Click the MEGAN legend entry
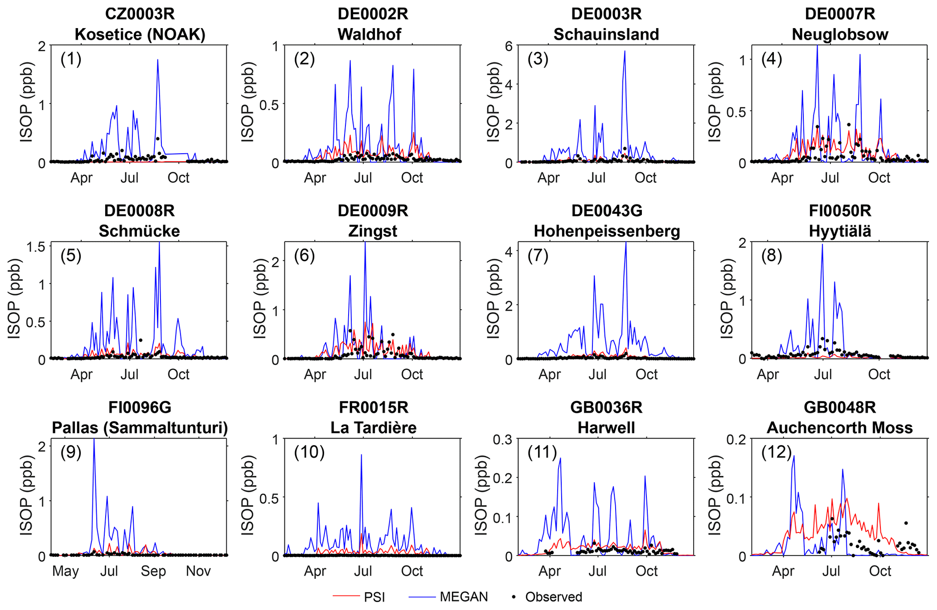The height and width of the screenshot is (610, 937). pyautogui.click(x=463, y=597)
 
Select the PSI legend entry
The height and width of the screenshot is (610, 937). pyautogui.click(x=374, y=597)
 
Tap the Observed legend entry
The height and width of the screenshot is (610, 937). pyautogui.click(x=553, y=597)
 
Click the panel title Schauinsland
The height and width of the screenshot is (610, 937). pyautogui.click(x=606, y=34)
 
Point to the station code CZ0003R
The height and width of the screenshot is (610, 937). pyautogui.click(x=140, y=14)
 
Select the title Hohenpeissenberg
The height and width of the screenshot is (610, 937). pyautogui.click(x=607, y=231)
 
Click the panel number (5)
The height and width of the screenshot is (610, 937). pyautogui.click(x=71, y=256)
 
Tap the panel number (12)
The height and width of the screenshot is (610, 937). pyautogui.click(x=776, y=452)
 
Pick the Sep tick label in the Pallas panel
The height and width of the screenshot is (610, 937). pyautogui.click(x=153, y=571)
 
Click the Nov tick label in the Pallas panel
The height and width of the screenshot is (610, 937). pyautogui.click(x=198, y=571)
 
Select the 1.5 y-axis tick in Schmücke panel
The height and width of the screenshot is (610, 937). pyautogui.click(x=36, y=247)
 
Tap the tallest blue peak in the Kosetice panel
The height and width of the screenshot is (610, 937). pyautogui.click(x=158, y=60)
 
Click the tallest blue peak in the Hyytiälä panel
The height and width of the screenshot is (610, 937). pyautogui.click(x=822, y=245)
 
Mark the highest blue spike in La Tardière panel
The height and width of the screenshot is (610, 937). pyautogui.click(x=361, y=455)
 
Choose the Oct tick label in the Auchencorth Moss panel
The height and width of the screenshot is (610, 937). pyautogui.click(x=880, y=571)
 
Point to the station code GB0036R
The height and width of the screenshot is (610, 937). pyautogui.click(x=606, y=407)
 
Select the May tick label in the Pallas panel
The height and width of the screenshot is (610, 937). pyautogui.click(x=65, y=571)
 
